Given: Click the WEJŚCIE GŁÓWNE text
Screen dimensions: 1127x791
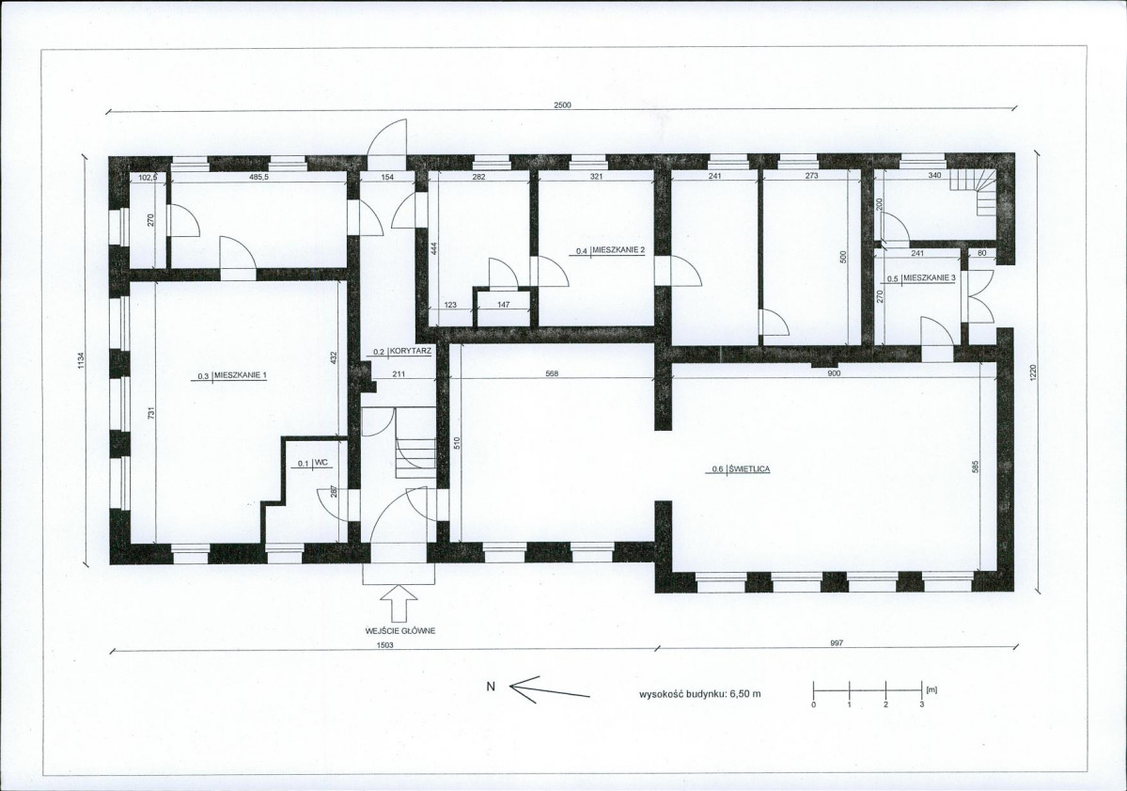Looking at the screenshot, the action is (x=400, y=631).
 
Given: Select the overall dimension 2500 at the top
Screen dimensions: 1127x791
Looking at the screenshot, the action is (x=562, y=105).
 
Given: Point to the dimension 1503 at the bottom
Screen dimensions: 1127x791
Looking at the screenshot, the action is (x=385, y=645).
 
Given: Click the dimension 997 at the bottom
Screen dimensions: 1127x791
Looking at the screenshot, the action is (x=836, y=643).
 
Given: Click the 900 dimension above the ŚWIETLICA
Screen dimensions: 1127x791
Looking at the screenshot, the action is (x=834, y=373).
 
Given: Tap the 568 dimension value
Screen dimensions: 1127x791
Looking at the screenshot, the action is (x=552, y=373).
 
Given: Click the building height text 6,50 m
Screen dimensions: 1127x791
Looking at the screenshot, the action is (x=745, y=695).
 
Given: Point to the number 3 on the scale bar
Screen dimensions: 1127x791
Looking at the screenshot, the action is (x=922, y=704).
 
